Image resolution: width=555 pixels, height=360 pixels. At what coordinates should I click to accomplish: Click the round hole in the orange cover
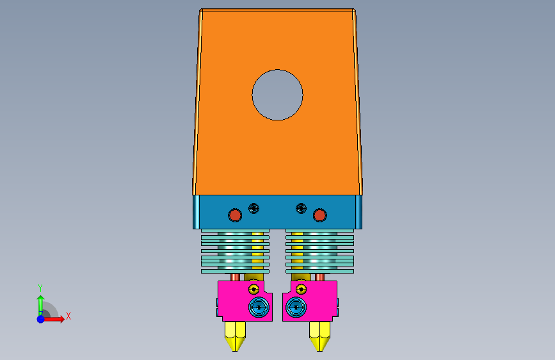[278, 95]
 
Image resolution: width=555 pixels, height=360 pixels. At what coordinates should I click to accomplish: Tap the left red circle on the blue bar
[235, 215]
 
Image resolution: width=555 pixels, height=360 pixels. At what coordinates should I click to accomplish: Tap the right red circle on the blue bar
[319, 215]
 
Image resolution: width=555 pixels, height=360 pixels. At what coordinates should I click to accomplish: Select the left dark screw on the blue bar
[253, 208]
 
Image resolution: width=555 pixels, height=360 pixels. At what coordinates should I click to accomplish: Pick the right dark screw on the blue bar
[301, 208]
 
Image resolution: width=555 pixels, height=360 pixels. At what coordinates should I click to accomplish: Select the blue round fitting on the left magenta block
[259, 307]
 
